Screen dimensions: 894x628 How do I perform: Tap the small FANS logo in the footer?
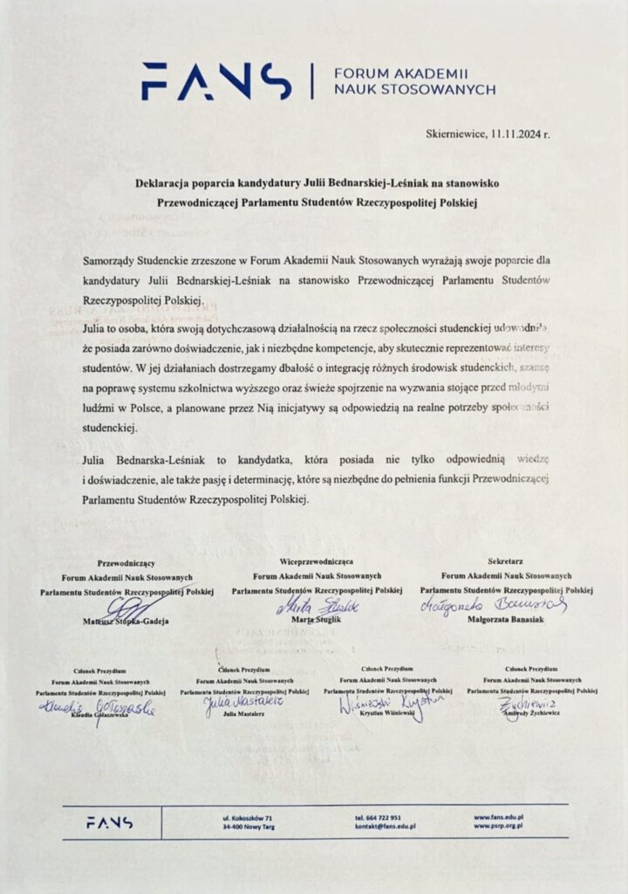109,822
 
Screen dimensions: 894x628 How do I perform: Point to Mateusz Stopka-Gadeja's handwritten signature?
131,608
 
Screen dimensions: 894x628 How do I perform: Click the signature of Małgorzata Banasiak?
494,605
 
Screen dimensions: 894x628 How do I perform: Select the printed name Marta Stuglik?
317,619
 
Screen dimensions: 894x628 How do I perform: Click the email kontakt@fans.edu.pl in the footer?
385,826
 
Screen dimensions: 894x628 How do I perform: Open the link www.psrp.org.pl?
498,826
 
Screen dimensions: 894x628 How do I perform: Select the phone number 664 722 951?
385,816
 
